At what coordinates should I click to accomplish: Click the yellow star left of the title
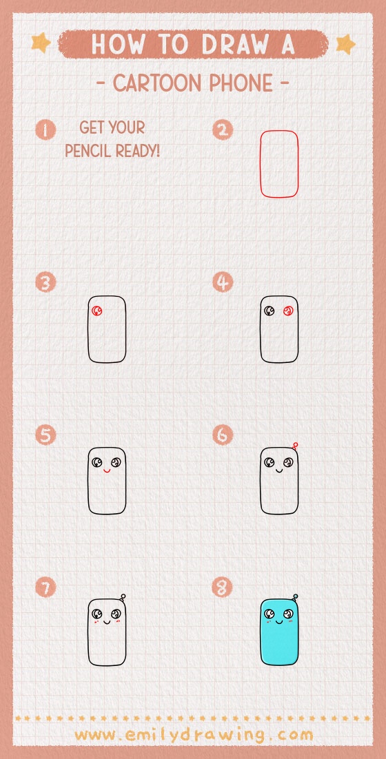[41, 43]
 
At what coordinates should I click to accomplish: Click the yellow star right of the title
[345, 44]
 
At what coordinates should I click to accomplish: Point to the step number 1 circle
[45, 129]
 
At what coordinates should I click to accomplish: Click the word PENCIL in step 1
[90, 150]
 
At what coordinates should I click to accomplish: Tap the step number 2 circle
[223, 129]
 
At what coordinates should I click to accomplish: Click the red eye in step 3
[98, 311]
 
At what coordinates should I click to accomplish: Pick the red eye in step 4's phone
[288, 311]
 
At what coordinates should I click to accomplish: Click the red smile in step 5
[107, 472]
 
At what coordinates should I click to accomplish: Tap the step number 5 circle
[45, 435]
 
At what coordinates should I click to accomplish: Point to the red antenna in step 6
[295, 446]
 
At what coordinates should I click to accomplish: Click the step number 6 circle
[223, 435]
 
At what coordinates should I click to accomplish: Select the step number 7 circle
[45, 588]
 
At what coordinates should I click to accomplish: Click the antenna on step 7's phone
[122, 597]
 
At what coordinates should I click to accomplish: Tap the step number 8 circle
[223, 588]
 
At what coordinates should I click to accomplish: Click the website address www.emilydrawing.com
[193, 734]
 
